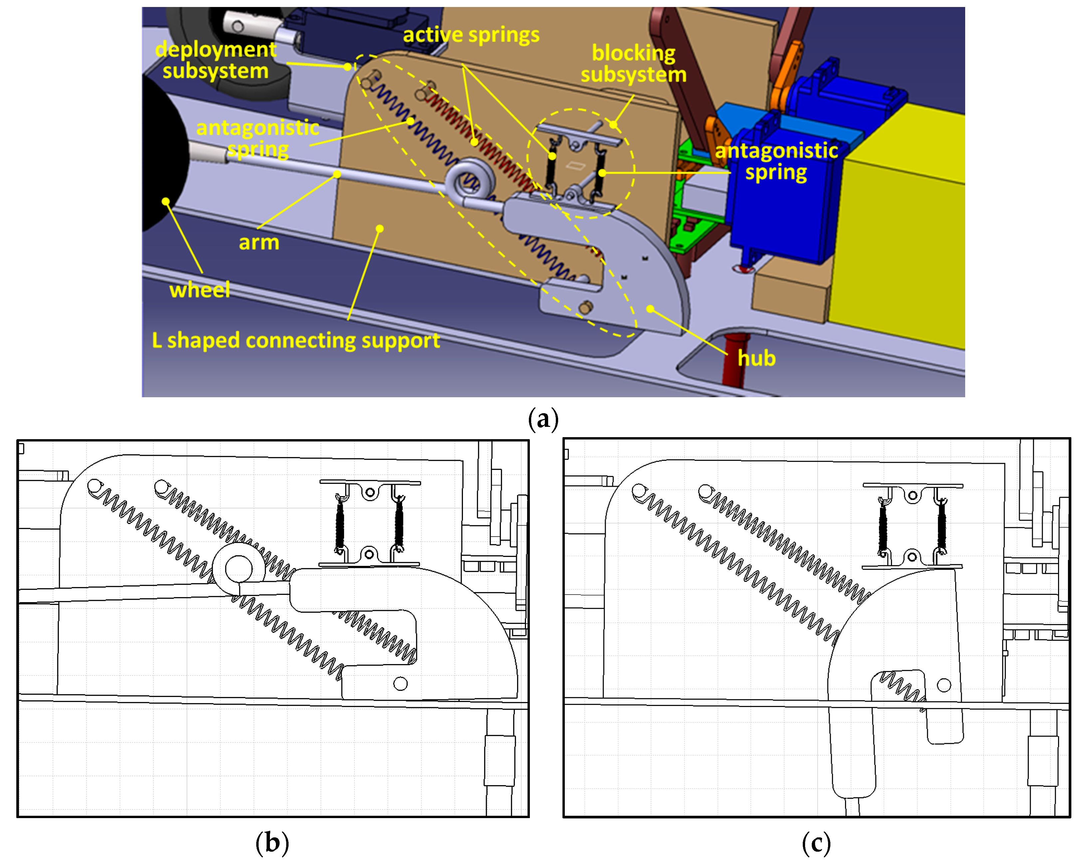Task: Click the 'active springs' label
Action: coord(471,35)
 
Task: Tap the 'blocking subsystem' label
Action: coord(633,64)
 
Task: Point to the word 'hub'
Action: coord(757,358)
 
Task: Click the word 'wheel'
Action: coord(200,290)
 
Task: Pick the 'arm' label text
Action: coord(259,243)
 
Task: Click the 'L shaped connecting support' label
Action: coord(296,341)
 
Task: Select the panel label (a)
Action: coord(543,419)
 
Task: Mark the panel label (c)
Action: coord(816,843)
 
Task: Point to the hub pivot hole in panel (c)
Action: coord(944,685)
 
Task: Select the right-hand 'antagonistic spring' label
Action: coord(776,161)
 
